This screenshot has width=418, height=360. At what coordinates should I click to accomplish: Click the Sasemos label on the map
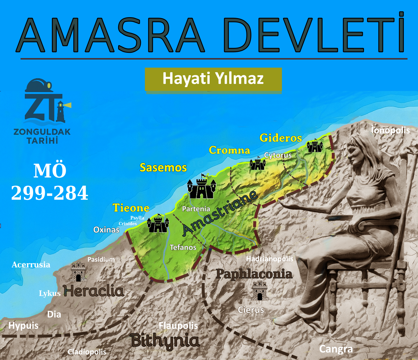coord(163,168)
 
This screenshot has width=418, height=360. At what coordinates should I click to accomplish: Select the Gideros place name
coord(281,138)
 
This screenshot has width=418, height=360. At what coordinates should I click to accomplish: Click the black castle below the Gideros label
coord(315,146)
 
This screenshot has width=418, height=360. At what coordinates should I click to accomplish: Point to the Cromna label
coord(230,150)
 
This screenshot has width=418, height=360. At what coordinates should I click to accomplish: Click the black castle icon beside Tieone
coord(158,224)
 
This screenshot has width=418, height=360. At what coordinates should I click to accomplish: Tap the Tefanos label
coord(183,247)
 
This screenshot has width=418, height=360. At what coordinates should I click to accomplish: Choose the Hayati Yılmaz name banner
coord(213,79)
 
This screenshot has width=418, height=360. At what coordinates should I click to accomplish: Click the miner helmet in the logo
coord(38,85)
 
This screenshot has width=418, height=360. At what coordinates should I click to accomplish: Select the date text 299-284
coord(50,193)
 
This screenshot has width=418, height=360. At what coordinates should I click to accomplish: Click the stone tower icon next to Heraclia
coord(78,272)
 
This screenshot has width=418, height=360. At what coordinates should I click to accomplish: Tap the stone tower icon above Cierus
coord(260,290)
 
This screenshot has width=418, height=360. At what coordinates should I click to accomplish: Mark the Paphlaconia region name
coord(254,274)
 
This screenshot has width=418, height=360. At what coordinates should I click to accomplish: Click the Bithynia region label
coord(165,341)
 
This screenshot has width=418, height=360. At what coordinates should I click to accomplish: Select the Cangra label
coord(336,349)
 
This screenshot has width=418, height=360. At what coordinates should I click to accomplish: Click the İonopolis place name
coord(390,130)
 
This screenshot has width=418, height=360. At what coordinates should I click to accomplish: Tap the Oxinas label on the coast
coord(106,230)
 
